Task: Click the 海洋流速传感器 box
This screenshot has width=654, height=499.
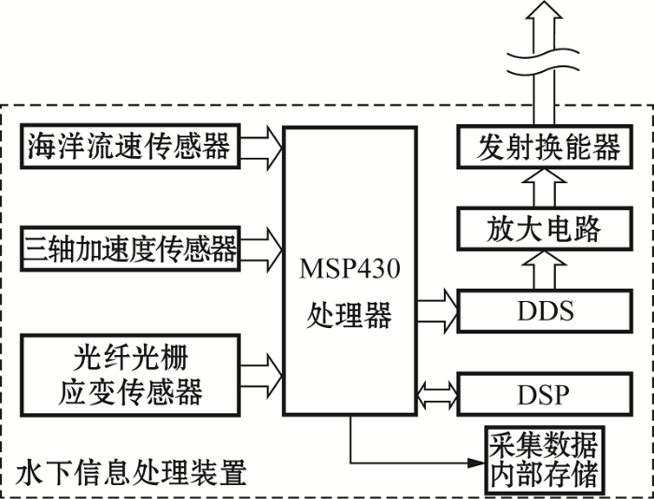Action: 131,146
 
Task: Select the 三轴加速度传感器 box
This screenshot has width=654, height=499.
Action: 131,249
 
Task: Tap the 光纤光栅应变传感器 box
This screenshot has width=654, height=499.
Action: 131,376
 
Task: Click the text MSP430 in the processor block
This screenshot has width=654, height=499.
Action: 349,269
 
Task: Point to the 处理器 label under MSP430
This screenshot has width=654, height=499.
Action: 349,315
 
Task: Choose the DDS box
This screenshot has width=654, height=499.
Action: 545,311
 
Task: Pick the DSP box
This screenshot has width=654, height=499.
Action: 545,394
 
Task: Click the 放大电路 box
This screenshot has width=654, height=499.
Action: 545,229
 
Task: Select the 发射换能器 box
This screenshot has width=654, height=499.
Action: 545,146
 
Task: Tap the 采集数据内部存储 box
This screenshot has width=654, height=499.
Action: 545,460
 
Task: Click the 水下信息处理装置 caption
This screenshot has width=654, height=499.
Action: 132,472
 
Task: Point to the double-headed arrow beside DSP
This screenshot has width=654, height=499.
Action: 437,394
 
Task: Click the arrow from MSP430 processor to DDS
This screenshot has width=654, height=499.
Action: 437,311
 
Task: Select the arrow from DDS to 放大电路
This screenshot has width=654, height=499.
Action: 545,270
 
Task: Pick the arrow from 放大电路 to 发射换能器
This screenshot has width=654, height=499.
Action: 545,188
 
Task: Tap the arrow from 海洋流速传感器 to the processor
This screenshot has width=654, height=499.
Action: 262,149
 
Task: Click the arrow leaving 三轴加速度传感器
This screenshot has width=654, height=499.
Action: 262,249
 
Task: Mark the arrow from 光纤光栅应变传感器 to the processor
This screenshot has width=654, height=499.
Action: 262,376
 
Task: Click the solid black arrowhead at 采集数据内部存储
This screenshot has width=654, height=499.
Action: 476,463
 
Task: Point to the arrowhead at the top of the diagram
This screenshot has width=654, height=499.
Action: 544,9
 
